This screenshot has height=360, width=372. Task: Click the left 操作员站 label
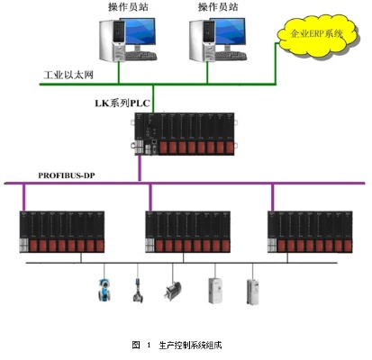(x=128, y=7)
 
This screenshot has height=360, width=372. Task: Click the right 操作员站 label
(x=218, y=7)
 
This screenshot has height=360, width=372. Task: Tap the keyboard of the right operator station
(x=231, y=56)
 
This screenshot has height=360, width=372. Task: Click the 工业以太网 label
(x=68, y=75)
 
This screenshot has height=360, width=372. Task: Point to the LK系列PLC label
(x=122, y=103)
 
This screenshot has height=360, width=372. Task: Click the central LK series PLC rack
(x=184, y=134)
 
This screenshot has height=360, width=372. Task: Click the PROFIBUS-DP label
(x=67, y=175)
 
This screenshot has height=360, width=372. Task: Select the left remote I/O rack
(x=62, y=231)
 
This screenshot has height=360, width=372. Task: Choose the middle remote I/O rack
(x=187, y=231)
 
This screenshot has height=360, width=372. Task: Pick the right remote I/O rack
(x=310, y=231)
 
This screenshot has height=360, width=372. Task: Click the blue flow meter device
(x=104, y=290)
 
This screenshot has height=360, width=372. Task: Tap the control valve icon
(x=138, y=290)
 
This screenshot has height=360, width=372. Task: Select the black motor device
(x=173, y=291)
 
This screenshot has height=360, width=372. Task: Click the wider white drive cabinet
(x=216, y=291)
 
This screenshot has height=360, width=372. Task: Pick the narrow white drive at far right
(x=253, y=292)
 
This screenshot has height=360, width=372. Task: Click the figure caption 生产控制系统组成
(x=190, y=345)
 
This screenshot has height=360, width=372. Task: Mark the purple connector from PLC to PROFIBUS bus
(x=140, y=168)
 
